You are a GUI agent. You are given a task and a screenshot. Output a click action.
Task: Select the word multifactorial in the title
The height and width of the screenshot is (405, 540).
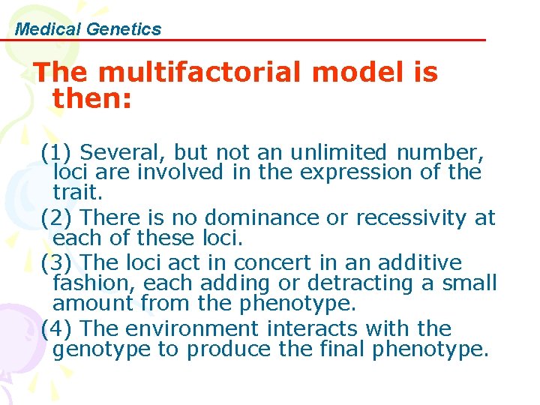coord(196,73)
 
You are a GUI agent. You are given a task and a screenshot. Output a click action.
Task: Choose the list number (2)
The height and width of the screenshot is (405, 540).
coord(56,218)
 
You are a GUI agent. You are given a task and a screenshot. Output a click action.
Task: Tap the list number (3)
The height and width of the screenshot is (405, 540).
coord(56,263)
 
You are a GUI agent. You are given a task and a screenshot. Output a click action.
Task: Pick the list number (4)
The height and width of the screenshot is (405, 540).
coord(56,328)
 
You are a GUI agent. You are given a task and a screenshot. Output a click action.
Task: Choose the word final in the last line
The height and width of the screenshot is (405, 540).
coord(325,349)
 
